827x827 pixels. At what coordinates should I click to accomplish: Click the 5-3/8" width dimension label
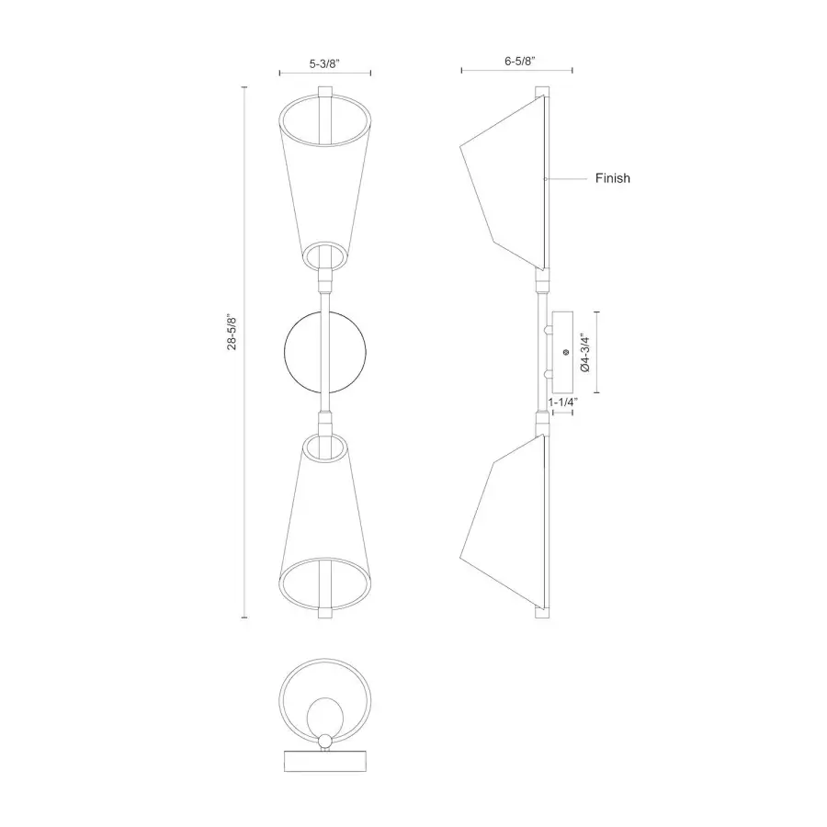tap(325, 62)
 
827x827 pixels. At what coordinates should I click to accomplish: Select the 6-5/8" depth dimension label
tap(519, 61)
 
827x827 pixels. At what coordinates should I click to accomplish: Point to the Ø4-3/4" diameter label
tap(583, 353)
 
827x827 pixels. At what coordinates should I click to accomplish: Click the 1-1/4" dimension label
tap(561, 402)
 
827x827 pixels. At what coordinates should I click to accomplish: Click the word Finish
tap(613, 178)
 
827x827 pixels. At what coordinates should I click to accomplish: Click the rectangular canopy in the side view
tap(561, 352)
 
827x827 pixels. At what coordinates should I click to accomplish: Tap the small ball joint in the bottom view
tap(325, 742)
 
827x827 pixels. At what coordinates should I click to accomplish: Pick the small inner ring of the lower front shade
tap(325, 447)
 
